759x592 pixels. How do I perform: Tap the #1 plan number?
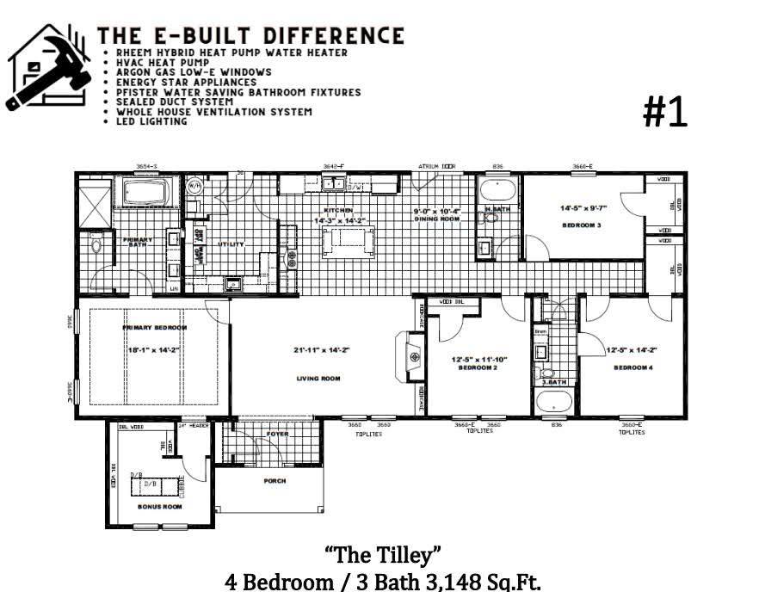pos(666,113)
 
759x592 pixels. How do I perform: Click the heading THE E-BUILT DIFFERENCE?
pos(250,35)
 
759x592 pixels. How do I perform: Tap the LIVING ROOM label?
pos(319,378)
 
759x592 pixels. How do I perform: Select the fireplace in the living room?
pos(410,356)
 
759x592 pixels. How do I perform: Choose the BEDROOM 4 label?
pos(633,368)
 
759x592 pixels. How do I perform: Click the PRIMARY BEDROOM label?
pos(155,328)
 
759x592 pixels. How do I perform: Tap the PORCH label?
pos(275,481)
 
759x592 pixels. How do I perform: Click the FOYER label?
pos(277,435)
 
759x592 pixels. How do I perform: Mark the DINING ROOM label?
pos(436,219)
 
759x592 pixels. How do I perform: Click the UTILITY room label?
pos(231,244)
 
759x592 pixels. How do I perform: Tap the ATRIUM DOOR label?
pos(436,165)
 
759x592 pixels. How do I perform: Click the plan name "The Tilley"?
pos(383,552)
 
